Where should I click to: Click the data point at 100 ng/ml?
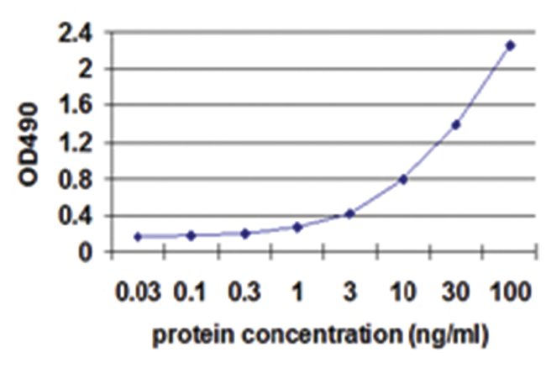510,45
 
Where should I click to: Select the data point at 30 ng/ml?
456,125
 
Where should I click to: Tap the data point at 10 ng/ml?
403,179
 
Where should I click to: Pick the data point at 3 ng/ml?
350,213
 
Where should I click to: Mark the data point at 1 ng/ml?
297,227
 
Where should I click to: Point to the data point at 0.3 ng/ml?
244,234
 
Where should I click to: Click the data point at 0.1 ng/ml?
192,236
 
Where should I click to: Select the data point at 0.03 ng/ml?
138,237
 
